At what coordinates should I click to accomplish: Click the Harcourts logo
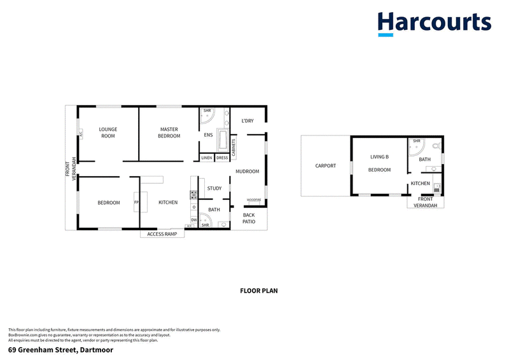[434, 24]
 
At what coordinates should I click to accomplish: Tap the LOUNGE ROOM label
[108, 132]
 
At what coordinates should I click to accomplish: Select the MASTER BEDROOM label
[169, 132]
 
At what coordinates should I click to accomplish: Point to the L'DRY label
[248, 121]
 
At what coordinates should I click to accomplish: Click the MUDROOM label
[248, 172]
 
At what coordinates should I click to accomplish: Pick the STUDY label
[214, 188]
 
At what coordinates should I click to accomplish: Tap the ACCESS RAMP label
[162, 234]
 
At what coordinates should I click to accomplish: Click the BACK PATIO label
[249, 219]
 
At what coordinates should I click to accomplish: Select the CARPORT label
[325, 167]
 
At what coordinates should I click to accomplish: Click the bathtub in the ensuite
[223, 139]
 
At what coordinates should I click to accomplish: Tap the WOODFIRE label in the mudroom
[254, 199]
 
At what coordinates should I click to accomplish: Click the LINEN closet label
[207, 158]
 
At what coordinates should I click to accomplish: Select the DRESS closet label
[222, 158]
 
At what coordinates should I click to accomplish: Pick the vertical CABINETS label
[234, 148]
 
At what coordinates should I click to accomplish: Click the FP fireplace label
[136, 203]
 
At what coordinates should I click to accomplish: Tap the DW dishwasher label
[193, 219]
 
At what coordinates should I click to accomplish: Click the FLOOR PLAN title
[259, 291]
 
